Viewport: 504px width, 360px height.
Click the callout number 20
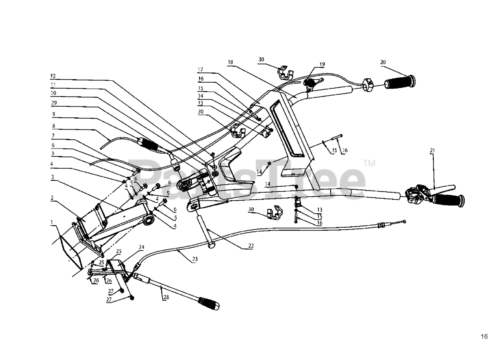tap(383, 62)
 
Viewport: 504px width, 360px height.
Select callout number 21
tap(432, 150)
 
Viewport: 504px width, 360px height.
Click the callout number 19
tap(322, 64)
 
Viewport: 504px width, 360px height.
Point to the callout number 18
tap(230, 62)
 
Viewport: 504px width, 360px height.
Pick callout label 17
tap(200, 70)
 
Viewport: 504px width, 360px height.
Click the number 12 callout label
tap(53, 75)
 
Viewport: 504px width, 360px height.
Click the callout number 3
tap(52, 177)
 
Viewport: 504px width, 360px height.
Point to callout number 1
tap(52, 222)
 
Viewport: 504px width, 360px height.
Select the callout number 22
tap(251, 246)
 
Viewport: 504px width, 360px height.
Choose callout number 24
tap(141, 248)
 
